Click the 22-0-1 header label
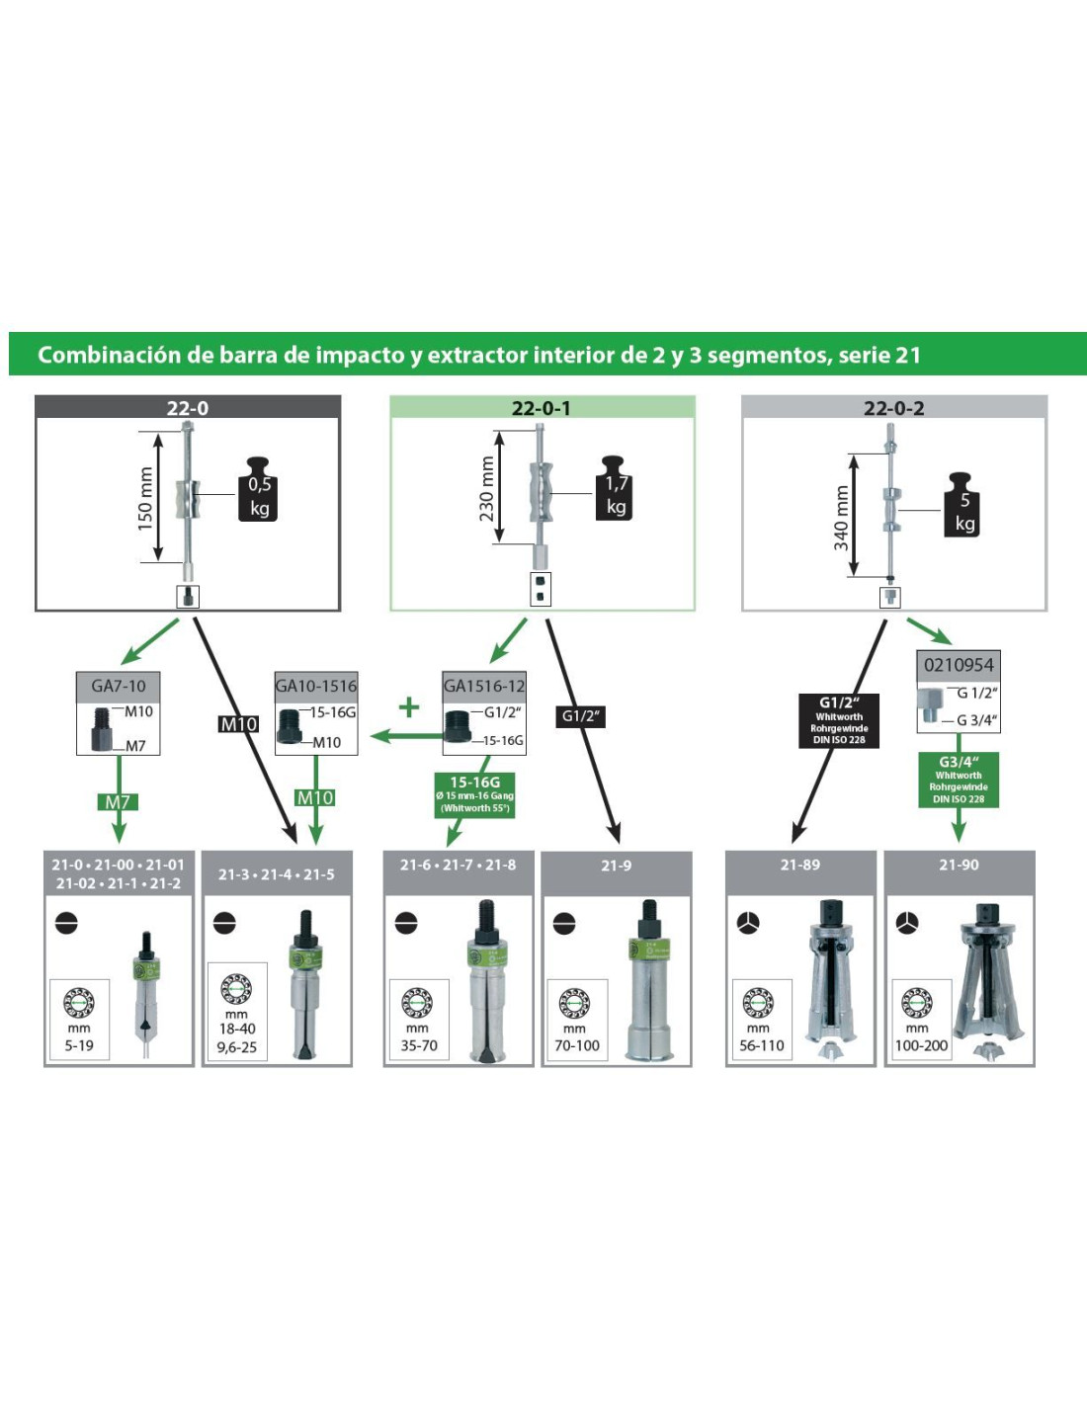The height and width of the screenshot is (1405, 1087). coord(541,408)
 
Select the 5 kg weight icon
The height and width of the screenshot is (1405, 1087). coord(964,505)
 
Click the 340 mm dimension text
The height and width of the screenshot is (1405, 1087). coord(841,517)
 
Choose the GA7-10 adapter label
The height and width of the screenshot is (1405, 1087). coord(119,686)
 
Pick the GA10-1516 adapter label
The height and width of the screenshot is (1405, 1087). coord(316,686)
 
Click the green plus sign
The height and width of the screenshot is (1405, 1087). coord(409,706)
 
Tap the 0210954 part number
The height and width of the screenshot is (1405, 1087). coord(959,665)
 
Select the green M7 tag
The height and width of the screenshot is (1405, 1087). coord(118,802)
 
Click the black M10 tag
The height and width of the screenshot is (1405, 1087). coord(238,724)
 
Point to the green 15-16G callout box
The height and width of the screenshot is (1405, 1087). coord(475,794)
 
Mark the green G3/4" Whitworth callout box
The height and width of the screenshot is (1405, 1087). coord(959,780)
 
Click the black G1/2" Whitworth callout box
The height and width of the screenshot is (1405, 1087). coord(839,720)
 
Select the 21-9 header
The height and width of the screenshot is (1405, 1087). coord(616,866)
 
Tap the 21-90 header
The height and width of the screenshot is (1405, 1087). coord(959,865)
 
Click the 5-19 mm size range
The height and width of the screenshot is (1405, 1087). coord(79,1045)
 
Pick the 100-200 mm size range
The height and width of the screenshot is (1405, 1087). coord(921,1045)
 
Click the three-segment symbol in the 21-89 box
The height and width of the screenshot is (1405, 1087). coord(749,923)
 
